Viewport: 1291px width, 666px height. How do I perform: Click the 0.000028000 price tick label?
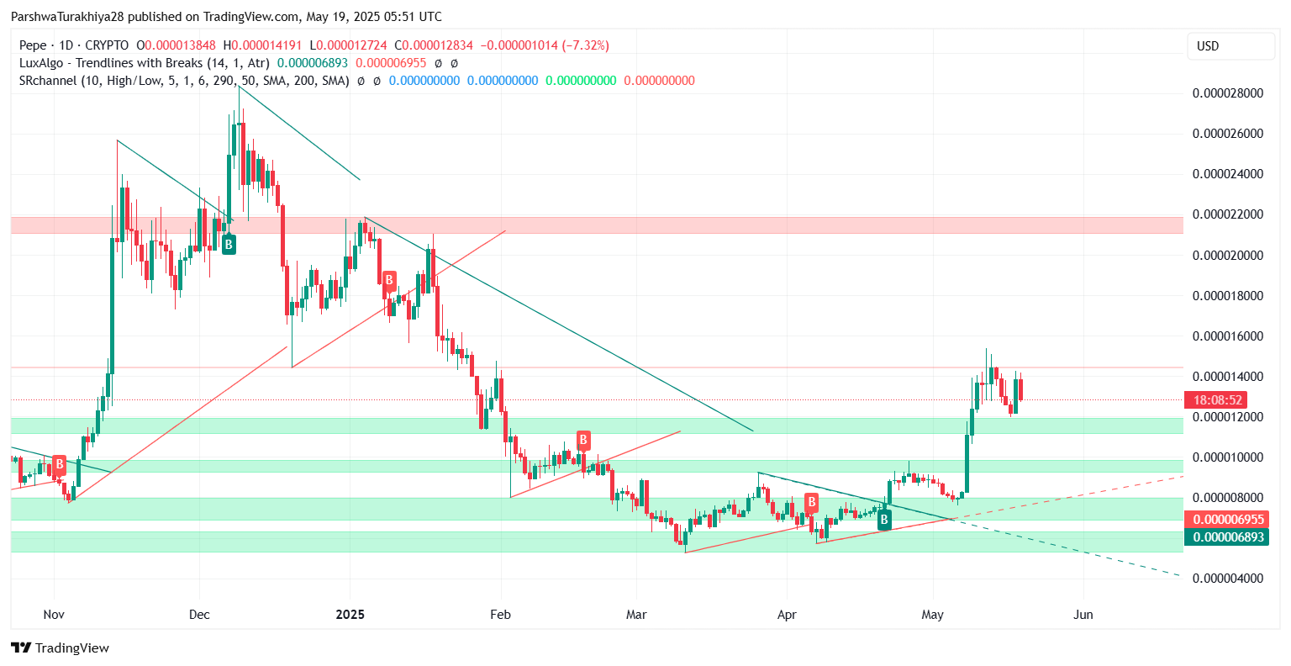pos(1228,93)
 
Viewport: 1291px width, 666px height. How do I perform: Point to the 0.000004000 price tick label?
pos(1228,579)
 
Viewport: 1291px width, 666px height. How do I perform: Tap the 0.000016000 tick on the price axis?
pos(1228,336)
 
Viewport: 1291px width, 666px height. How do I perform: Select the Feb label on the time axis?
pos(500,615)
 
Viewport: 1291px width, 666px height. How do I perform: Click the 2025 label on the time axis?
pos(350,615)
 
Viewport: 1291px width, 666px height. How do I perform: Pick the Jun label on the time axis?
pos(1083,615)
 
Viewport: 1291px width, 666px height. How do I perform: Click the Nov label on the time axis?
pos(54,615)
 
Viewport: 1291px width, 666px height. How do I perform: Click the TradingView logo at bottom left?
pos(60,647)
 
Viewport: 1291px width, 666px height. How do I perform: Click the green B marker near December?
pos(228,245)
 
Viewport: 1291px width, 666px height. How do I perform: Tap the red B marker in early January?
pos(389,279)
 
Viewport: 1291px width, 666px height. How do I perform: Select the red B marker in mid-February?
pos(583,439)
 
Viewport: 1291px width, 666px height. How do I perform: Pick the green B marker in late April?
pos(884,521)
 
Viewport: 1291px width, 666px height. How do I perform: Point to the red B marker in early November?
pos(59,464)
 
